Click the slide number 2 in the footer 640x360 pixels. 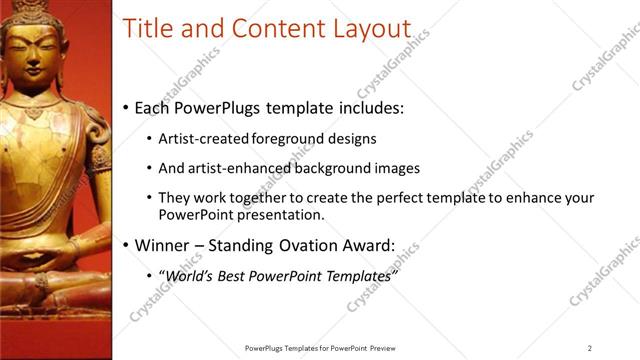point(589,347)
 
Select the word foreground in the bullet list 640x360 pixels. point(285,139)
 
